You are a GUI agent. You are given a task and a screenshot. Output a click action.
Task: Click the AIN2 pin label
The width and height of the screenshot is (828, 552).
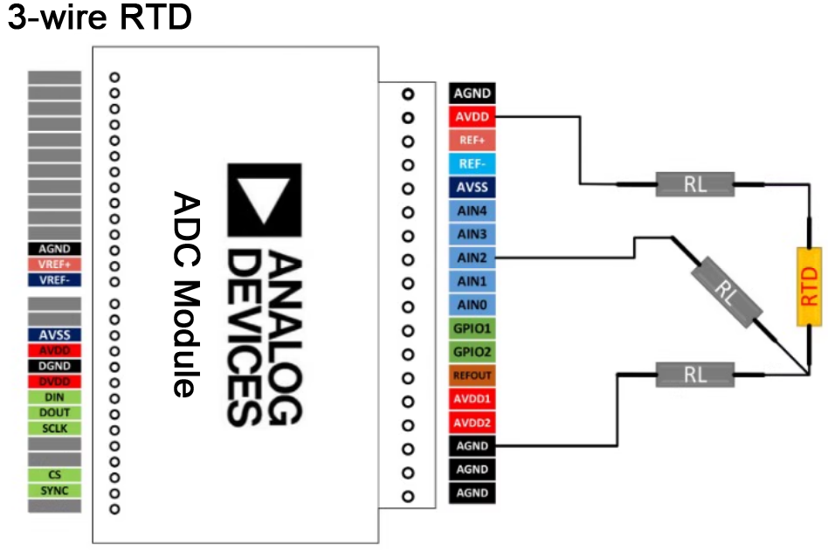tap(473, 258)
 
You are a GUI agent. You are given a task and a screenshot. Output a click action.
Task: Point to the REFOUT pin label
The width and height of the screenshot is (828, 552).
tap(473, 376)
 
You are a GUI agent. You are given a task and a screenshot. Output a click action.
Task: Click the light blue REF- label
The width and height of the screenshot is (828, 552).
tap(473, 163)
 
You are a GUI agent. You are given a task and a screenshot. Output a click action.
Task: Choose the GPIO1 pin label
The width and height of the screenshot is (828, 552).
tap(473, 328)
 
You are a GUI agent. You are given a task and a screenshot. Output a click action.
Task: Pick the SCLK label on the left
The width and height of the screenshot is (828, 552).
tap(54, 428)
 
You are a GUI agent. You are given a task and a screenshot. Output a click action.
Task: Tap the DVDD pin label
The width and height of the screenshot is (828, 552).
tap(54, 382)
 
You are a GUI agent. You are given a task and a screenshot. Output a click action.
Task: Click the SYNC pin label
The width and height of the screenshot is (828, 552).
tap(54, 490)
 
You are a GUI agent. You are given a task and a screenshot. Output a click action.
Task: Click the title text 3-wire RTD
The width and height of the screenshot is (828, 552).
tap(99, 18)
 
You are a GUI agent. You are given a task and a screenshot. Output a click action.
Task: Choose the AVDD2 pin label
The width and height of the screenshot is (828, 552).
tap(473, 423)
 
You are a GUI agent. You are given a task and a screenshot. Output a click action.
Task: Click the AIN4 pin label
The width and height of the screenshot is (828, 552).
tap(473, 210)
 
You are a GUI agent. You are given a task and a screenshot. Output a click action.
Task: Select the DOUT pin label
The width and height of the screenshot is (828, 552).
tap(54, 412)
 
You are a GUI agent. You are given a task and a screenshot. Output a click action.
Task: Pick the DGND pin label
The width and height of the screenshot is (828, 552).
tap(54, 366)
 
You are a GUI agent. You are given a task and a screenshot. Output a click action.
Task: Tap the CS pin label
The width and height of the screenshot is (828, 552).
tap(54, 474)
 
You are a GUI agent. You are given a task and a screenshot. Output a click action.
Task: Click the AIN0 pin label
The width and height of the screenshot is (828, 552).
tap(473, 305)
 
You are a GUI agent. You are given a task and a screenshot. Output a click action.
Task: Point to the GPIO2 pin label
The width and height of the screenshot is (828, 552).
tap(473, 352)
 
